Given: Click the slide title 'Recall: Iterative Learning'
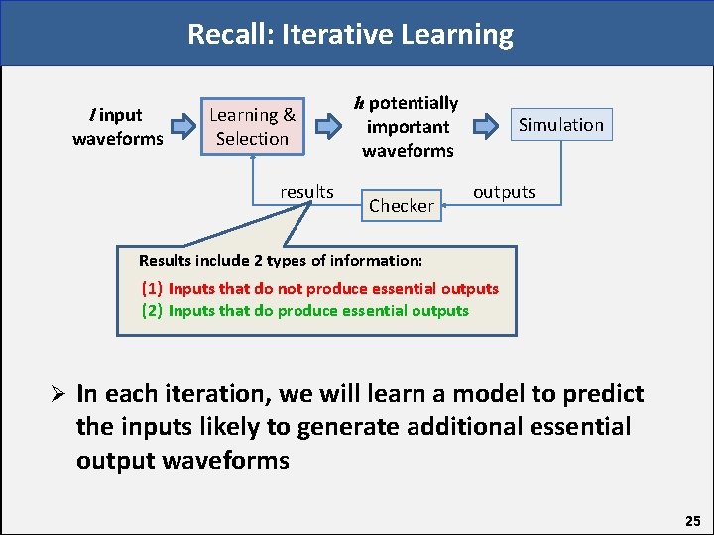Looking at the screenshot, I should pos(351,35).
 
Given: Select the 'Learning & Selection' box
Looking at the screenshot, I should pos(252,127).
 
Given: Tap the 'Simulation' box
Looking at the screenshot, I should pos(560,125).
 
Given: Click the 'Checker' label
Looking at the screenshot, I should pos(402,206).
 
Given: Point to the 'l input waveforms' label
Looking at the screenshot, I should pos(117,127).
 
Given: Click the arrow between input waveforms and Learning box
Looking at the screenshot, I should pos(183,126).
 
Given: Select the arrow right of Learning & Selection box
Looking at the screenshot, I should pos(328,126).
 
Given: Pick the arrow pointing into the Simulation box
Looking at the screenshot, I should pos(486,126).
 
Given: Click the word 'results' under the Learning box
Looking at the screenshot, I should pos(306,191).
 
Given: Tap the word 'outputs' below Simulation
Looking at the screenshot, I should pos(504,192).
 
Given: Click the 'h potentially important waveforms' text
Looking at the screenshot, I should pos(408,127).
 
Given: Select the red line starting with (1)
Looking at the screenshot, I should pos(319,289).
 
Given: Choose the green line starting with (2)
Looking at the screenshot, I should pos(304,311).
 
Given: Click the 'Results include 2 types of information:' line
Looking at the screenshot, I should pos(281,261).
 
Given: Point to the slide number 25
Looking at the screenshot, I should pos(691,520).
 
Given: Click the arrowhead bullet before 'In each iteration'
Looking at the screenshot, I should pos(59,394).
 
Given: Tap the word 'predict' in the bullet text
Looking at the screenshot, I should pos(602,394).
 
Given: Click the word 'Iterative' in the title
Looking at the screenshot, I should pos(337,35).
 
